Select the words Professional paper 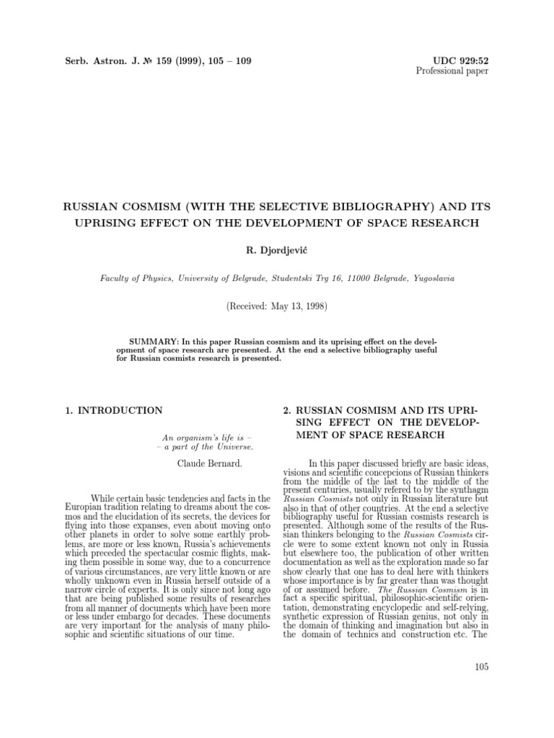click(453, 70)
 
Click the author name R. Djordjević click(276, 249)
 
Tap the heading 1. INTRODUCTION click(114, 410)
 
